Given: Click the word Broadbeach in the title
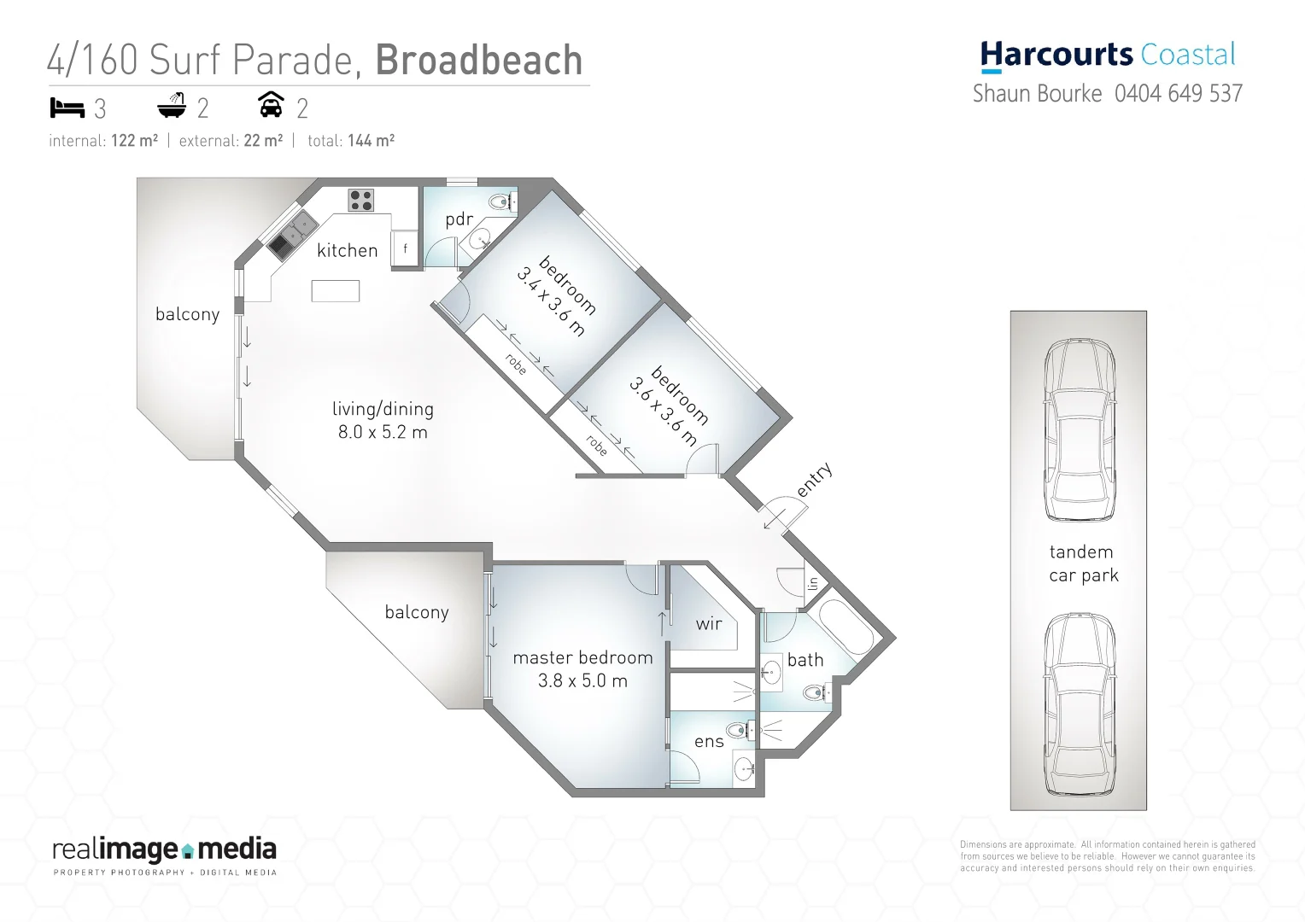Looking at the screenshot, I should click(478, 60).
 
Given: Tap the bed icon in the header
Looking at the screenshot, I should click(67, 108).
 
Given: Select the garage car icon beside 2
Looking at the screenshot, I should click(271, 105).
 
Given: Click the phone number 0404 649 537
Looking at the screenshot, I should click(1178, 93).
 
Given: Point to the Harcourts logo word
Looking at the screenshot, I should click(1056, 55).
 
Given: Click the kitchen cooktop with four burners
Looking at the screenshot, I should click(360, 200).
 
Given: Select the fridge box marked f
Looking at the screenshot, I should click(405, 249).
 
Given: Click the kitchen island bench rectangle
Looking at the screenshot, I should click(335, 290).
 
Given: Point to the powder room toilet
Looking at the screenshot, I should click(500, 202).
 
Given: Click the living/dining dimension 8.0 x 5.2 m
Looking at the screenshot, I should click(383, 432).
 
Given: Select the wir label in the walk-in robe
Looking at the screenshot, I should click(709, 624).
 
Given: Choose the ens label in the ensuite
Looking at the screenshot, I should click(709, 742).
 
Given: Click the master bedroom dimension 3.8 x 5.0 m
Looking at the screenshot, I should click(582, 680).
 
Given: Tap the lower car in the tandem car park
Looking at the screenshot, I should click(1080, 704).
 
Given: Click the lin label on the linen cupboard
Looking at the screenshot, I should click(812, 584).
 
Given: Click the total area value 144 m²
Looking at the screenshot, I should click(371, 141).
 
